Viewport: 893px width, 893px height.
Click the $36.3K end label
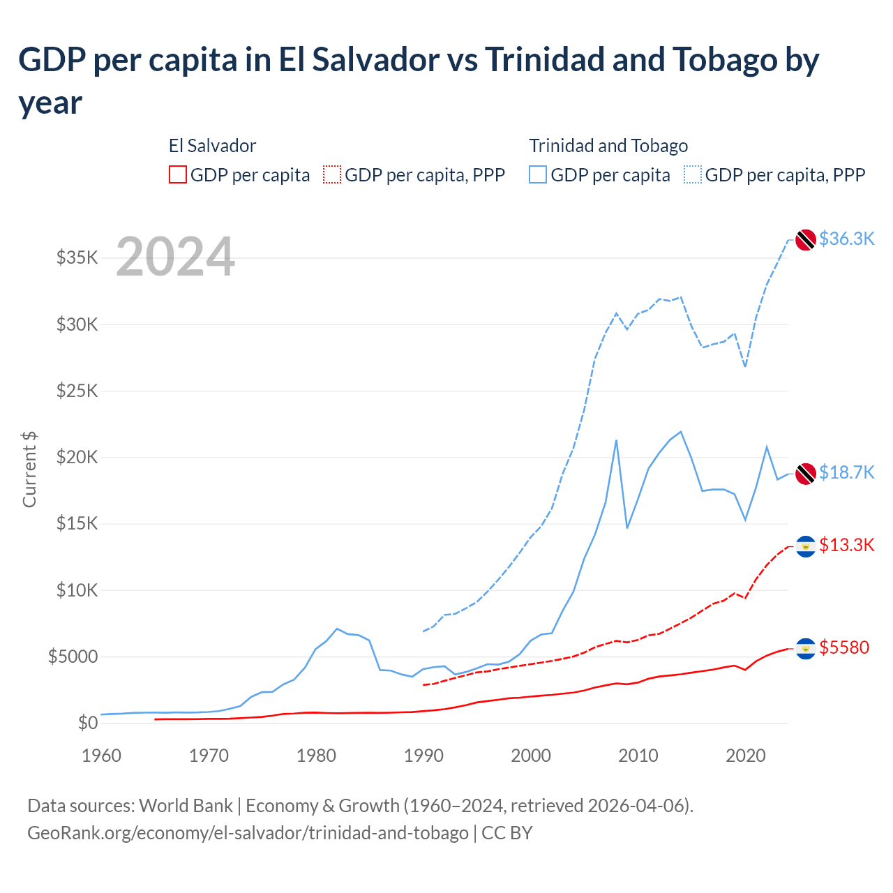click(x=846, y=239)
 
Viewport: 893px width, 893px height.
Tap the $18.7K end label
click(x=846, y=472)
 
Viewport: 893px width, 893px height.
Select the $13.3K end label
click(x=846, y=545)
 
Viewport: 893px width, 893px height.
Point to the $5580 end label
click(x=844, y=647)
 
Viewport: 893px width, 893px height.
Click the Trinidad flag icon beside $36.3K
click(x=806, y=239)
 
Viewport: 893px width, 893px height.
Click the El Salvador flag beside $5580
click(x=806, y=649)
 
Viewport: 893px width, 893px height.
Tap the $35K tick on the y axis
click(x=77, y=258)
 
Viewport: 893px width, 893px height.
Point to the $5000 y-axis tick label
click(x=73, y=657)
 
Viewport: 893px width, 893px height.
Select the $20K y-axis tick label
click(x=77, y=458)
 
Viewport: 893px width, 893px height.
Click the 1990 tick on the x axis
click(x=423, y=756)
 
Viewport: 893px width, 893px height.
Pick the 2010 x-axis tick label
click(x=638, y=756)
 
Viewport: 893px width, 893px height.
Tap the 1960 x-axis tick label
click(x=101, y=756)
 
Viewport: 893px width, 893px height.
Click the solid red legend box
click(x=178, y=174)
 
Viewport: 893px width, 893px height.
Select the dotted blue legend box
click(x=693, y=174)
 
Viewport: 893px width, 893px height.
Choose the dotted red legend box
click(x=332, y=174)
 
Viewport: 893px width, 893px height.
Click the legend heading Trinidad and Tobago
click(x=608, y=146)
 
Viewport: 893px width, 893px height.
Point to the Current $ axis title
click(x=29, y=469)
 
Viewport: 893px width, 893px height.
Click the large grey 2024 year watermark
click(x=175, y=257)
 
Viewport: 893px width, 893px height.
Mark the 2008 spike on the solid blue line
click(x=616, y=440)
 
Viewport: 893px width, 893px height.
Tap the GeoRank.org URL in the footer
click(x=248, y=833)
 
